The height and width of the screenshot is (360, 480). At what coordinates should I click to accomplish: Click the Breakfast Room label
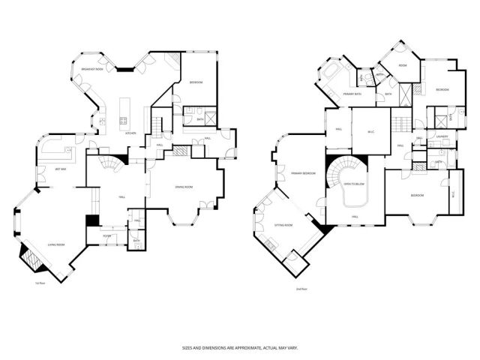tap(92, 69)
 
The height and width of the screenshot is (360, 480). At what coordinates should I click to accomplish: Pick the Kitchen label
tap(130, 132)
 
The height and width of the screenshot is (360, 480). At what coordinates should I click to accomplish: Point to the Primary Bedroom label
tap(303, 173)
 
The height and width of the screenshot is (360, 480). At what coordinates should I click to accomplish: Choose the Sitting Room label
tap(282, 224)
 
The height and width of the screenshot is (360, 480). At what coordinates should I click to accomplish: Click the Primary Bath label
tap(352, 94)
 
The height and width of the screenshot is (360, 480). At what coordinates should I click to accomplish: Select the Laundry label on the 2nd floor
tap(442, 136)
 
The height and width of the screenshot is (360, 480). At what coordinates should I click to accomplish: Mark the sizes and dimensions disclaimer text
tap(239, 348)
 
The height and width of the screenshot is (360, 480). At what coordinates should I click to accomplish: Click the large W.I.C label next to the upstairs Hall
tap(370, 133)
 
